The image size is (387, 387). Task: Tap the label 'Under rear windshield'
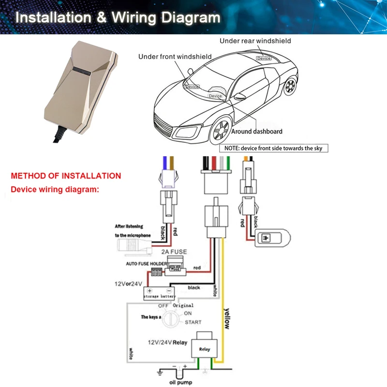[x=255, y=41]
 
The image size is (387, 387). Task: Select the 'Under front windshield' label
[x=175, y=57]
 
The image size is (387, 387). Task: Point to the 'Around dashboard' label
[x=256, y=131]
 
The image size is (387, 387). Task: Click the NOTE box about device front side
[x=274, y=148]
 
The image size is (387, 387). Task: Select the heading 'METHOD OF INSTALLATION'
[x=66, y=176]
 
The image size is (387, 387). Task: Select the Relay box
[x=205, y=347]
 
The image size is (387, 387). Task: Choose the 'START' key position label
[x=193, y=322]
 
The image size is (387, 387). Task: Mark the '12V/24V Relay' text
[x=167, y=342]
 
